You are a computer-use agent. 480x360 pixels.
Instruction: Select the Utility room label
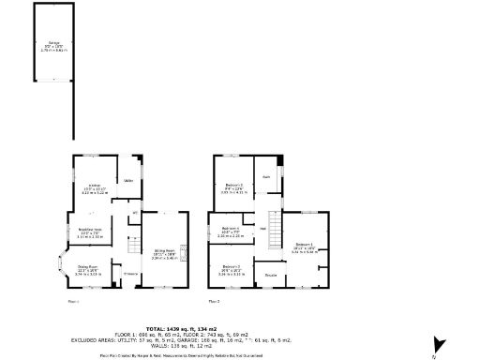(x=127, y=179)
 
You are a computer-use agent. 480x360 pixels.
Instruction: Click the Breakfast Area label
(x=89, y=235)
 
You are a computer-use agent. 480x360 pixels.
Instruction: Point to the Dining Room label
(x=88, y=273)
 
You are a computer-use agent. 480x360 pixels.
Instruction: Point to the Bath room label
(x=266, y=176)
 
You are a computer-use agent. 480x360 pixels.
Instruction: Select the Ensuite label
(x=270, y=275)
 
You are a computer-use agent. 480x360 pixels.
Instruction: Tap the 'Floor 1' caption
(x=73, y=302)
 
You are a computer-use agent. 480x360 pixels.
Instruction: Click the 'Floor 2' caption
(x=214, y=302)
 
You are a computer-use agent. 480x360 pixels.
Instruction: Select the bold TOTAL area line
(x=239, y=328)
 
